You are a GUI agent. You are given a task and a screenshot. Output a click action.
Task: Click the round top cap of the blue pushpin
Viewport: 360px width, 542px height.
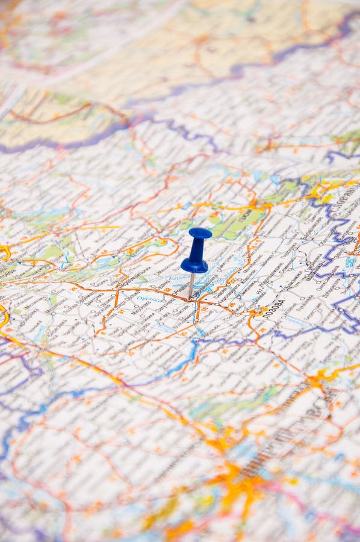(200, 233)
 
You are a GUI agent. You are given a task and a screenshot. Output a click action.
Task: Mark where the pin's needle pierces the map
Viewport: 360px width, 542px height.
(189, 297)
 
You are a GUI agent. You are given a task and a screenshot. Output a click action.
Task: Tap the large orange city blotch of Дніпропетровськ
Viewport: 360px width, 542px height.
(241, 482)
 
